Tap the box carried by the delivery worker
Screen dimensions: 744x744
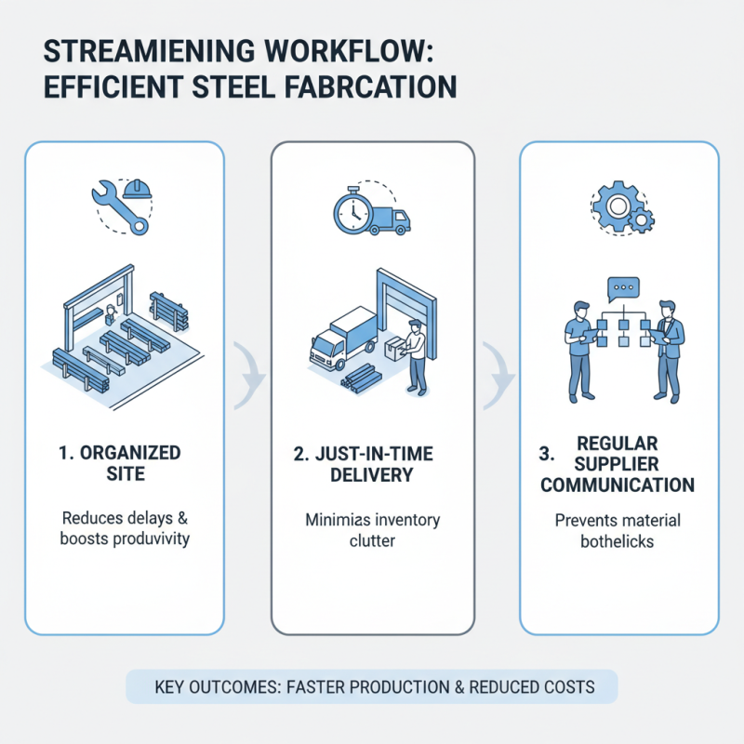[x=397, y=348]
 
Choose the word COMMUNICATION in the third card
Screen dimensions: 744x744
[x=618, y=485]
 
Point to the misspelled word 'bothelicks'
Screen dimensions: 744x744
[x=618, y=540]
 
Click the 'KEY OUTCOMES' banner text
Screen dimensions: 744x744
[x=372, y=687]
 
